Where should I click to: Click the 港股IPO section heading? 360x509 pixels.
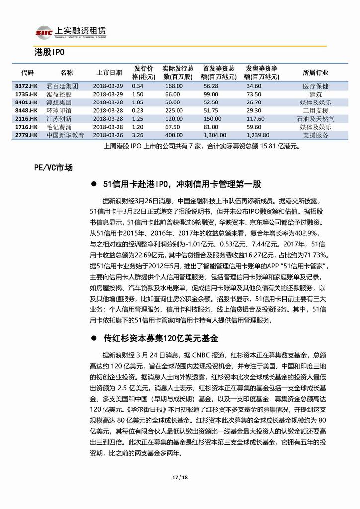(50, 53)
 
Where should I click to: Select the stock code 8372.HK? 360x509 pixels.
(27, 86)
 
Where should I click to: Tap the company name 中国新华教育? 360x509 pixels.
(66, 135)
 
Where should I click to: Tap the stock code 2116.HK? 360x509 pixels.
(27, 119)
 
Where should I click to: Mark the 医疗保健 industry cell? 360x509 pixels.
(316, 86)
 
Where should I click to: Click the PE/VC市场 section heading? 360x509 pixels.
(53, 167)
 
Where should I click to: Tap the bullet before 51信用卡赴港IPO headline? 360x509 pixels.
(93, 185)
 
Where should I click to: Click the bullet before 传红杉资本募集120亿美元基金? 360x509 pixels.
(93, 338)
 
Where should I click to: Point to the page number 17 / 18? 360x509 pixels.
(180, 477)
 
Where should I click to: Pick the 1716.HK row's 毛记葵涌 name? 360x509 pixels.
(59, 127)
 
